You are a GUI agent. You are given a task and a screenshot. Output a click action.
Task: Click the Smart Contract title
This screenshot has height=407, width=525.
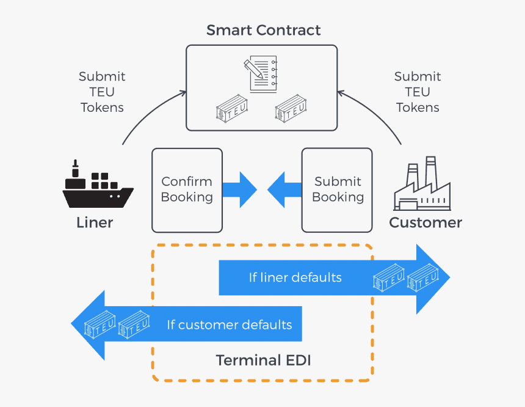(263, 30)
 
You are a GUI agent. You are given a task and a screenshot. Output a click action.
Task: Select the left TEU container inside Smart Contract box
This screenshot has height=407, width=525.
(233, 108)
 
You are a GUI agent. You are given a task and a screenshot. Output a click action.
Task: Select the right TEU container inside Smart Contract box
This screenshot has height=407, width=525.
(291, 108)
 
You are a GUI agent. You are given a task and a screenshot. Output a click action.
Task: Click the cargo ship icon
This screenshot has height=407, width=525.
(97, 187)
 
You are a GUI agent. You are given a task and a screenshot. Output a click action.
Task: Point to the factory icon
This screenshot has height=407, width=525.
(425, 186)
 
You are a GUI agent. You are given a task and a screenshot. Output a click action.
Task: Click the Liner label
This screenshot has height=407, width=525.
(95, 222)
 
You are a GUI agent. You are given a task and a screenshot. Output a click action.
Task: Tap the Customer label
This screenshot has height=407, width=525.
(425, 222)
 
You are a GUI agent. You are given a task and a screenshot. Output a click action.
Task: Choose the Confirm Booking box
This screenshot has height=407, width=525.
(187, 190)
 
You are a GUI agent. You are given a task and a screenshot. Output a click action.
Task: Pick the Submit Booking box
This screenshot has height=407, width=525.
(338, 190)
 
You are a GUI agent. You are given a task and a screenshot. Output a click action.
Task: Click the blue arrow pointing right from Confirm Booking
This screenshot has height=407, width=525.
(239, 190)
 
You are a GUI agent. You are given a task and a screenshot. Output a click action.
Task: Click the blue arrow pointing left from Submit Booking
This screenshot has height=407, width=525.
(284, 190)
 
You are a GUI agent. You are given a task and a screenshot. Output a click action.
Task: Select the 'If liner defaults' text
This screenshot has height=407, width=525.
(295, 277)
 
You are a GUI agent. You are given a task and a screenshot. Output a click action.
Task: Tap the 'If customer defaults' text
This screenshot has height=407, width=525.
(230, 324)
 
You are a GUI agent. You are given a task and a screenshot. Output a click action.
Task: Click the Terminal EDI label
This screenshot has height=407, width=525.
(263, 361)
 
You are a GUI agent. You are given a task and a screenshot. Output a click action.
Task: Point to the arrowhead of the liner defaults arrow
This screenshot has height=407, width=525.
(435, 279)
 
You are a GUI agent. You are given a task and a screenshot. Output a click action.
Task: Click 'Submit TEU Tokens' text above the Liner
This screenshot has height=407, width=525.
(102, 92)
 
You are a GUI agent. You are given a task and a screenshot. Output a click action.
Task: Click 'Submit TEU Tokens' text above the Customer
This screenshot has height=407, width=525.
(418, 92)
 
